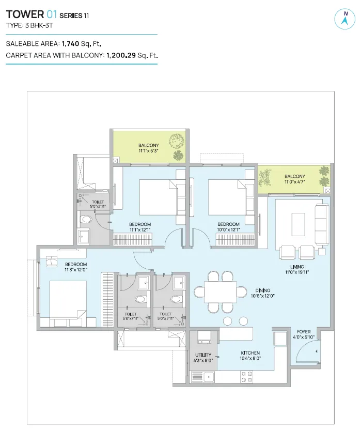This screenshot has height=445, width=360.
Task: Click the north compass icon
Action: click(345, 19)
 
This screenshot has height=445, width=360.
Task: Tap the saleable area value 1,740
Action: click(70, 44)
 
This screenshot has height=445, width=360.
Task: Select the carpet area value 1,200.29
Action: click(121, 55)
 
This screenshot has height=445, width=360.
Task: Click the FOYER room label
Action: click(304, 331)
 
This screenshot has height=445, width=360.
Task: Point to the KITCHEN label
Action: click(250, 353)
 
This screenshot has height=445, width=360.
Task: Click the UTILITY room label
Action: click(203, 355)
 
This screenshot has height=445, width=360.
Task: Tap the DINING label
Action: click(263, 290)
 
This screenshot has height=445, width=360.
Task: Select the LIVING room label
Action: click(297, 267)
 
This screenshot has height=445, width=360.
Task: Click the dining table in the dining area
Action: click(221, 292)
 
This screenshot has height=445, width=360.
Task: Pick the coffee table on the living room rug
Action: click(298, 224)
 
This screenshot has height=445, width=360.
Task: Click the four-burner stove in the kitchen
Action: click(246, 377)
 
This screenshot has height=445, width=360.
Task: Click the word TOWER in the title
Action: click(25, 14)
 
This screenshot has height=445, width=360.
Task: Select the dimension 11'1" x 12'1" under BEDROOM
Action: click(140, 229)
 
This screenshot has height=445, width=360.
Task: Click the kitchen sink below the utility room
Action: click(209, 377)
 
